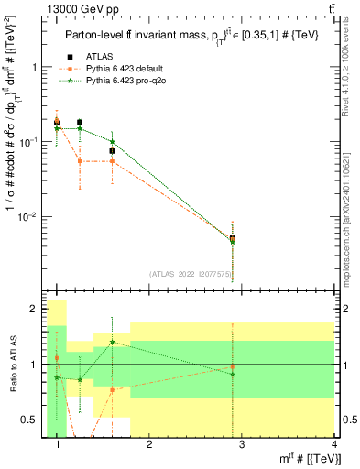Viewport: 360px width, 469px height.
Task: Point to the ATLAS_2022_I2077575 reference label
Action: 191,274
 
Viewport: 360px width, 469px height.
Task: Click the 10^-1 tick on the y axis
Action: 30,142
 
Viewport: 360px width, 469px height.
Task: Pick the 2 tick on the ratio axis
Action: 36,310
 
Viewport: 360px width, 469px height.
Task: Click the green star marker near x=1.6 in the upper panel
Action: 112,142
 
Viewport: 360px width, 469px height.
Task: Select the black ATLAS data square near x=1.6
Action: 112,151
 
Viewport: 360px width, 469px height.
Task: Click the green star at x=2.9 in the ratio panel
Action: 233,374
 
